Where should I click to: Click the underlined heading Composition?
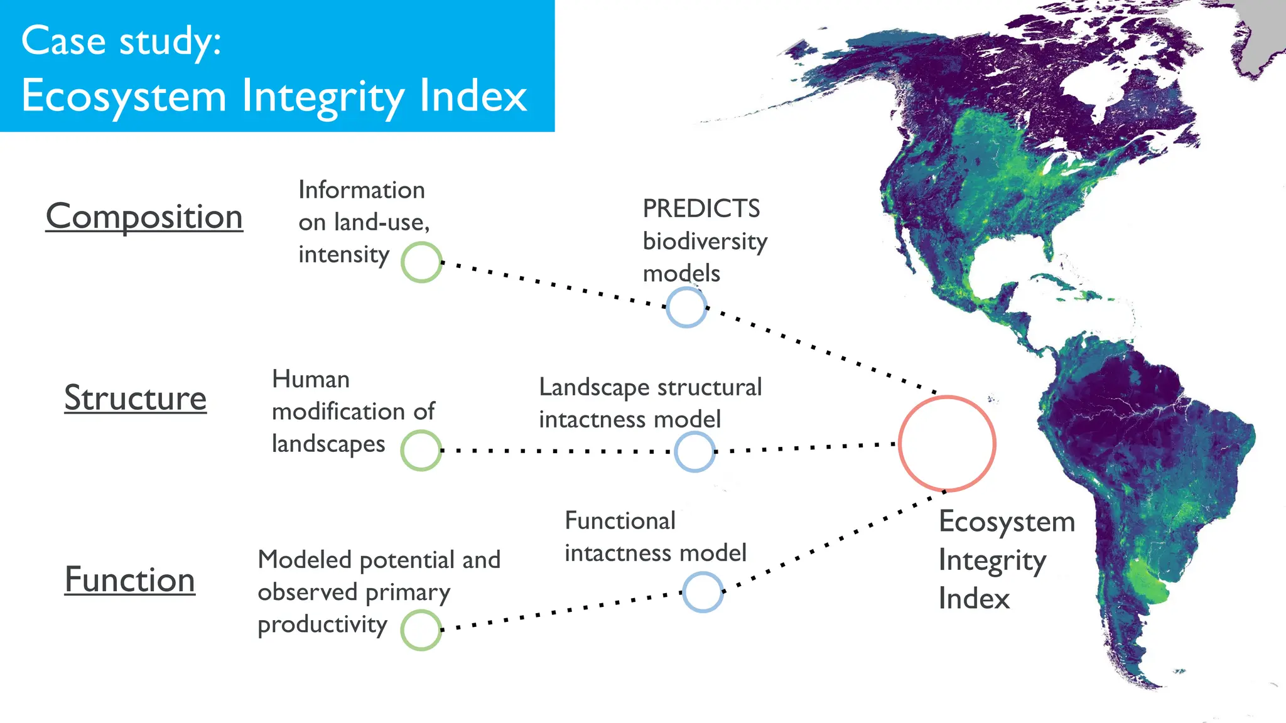coord(144,217)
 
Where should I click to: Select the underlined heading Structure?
coord(135,398)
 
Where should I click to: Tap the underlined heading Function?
coord(129,579)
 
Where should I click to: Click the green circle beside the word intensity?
coord(421,262)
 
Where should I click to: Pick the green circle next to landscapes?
coord(421,451)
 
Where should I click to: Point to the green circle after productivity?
coord(421,630)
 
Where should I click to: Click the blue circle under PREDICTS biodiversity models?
coord(686,308)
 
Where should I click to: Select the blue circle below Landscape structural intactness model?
coord(694,452)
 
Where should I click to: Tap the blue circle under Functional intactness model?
coord(703,592)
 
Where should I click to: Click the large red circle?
coord(947,443)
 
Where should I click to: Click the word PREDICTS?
coord(701,209)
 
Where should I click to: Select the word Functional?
coord(620,521)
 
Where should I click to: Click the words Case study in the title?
coord(121,41)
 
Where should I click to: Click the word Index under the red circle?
coord(974,598)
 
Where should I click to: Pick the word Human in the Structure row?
coord(310,380)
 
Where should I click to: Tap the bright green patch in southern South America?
coord(1148,581)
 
